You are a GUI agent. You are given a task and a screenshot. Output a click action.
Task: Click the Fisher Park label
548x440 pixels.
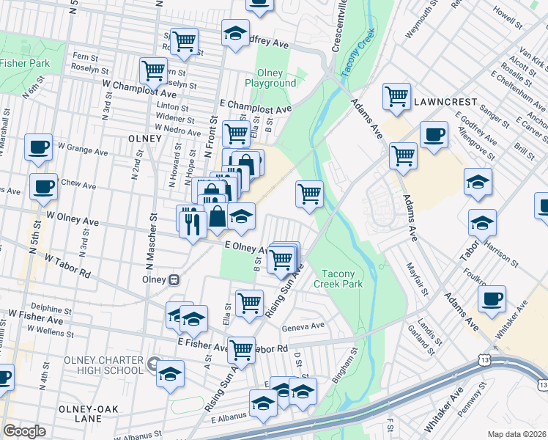[25, 63]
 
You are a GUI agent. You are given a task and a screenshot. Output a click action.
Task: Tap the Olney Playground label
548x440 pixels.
[276, 78]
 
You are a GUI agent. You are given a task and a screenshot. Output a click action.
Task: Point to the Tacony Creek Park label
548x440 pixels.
[338, 279]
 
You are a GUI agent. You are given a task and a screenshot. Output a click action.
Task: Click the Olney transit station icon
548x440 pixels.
[174, 279]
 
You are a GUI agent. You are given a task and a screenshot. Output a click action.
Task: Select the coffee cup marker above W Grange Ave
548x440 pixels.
[38, 147]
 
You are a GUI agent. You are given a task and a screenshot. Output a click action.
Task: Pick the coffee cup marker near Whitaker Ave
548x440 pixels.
[492, 298]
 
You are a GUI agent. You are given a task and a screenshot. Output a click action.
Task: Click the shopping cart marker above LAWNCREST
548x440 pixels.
[396, 95]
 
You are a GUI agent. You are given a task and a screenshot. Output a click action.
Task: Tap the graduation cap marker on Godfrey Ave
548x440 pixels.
[235, 34]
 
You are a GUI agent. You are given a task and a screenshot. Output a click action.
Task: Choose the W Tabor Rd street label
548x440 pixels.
[66, 266]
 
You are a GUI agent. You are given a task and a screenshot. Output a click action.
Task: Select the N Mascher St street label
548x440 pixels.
[153, 231]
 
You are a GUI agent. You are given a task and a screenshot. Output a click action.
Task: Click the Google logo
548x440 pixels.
[24, 431]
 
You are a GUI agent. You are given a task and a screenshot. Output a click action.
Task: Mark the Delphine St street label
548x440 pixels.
[51, 309]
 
